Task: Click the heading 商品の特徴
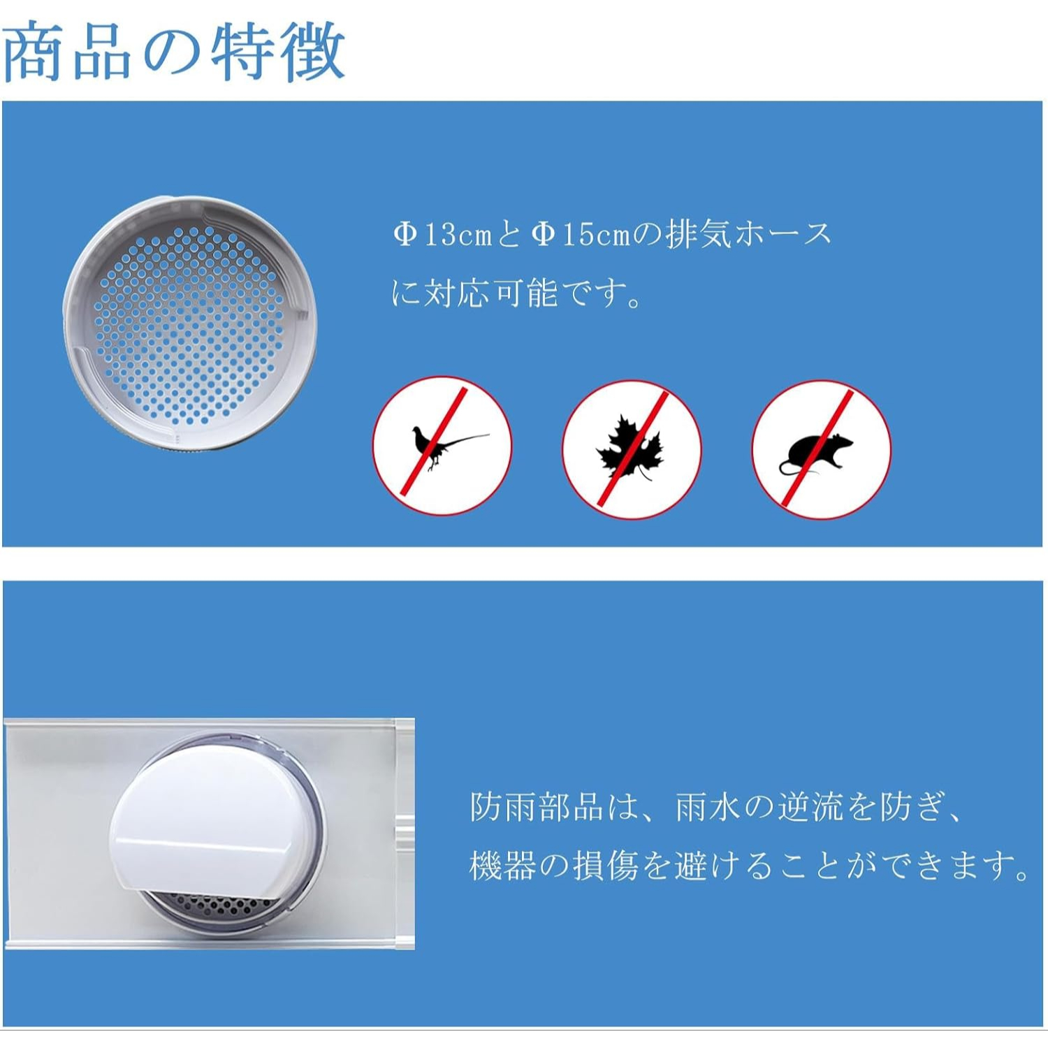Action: pyautogui.click(x=174, y=52)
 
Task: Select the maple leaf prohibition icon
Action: pyautogui.click(x=632, y=449)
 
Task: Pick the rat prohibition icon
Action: pyautogui.click(x=822, y=449)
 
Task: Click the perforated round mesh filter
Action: pyautogui.click(x=189, y=323)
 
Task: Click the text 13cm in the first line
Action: pyautogui.click(x=458, y=235)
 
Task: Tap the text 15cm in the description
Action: pyautogui.click(x=596, y=235)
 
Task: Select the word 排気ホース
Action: pyautogui.click(x=748, y=234)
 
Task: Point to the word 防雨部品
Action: pyautogui.click(x=536, y=807)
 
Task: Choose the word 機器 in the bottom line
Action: pyautogui.click(x=502, y=866)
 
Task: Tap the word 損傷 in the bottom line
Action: pyautogui.click(x=606, y=866)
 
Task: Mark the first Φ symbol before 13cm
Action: pyautogui.click(x=405, y=234)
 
